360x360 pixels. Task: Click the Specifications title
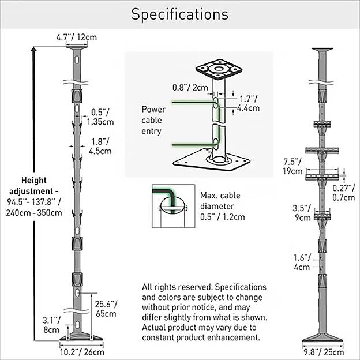click(x=179, y=14)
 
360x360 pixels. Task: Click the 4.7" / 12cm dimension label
click(x=76, y=37)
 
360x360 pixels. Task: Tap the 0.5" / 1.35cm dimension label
click(x=102, y=117)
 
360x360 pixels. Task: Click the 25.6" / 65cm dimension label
click(x=107, y=309)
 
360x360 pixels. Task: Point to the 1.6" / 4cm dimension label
click(x=302, y=262)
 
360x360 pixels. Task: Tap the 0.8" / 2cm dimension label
click(x=190, y=88)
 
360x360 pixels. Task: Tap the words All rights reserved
click(x=172, y=287)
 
